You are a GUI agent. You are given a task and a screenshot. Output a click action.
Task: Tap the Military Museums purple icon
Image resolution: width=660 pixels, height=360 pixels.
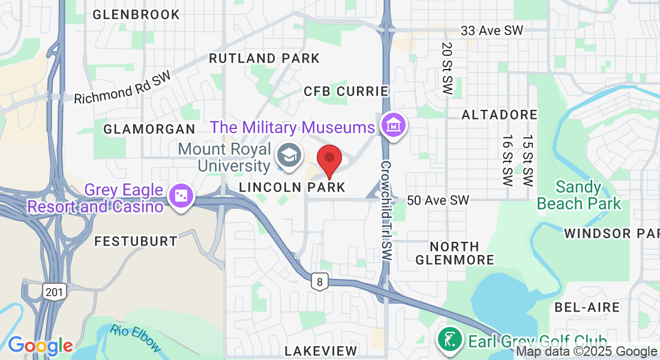394,127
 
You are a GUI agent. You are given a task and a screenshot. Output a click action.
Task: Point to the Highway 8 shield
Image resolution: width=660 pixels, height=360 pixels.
318,281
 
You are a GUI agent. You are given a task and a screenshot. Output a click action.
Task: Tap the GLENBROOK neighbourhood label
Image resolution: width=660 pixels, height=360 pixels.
136,14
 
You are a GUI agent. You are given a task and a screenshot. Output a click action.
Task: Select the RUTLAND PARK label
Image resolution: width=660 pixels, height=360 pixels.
264,58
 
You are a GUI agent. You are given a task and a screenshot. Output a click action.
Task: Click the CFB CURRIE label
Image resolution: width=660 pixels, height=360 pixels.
346,91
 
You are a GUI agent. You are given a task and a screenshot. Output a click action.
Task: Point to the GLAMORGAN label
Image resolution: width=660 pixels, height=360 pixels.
149,129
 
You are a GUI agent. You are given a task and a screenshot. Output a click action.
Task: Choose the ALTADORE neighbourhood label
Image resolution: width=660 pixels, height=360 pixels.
499,114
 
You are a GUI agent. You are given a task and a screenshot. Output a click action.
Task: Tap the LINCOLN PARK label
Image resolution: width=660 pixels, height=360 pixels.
292,187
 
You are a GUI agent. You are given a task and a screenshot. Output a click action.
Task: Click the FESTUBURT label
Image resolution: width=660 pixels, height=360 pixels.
136,241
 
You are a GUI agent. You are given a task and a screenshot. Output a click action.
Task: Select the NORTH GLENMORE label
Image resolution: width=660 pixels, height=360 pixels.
455,253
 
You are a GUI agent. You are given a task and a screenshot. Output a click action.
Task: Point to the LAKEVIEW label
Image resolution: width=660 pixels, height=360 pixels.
321,350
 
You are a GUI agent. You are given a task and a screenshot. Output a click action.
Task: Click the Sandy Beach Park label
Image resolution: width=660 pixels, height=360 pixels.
579,195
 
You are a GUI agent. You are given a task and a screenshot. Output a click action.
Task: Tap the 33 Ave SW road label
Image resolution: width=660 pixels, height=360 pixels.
491,30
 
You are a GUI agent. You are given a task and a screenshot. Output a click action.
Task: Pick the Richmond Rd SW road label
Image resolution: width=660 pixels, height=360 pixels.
122,88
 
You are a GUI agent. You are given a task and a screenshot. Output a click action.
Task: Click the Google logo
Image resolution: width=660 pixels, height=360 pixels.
40,345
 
